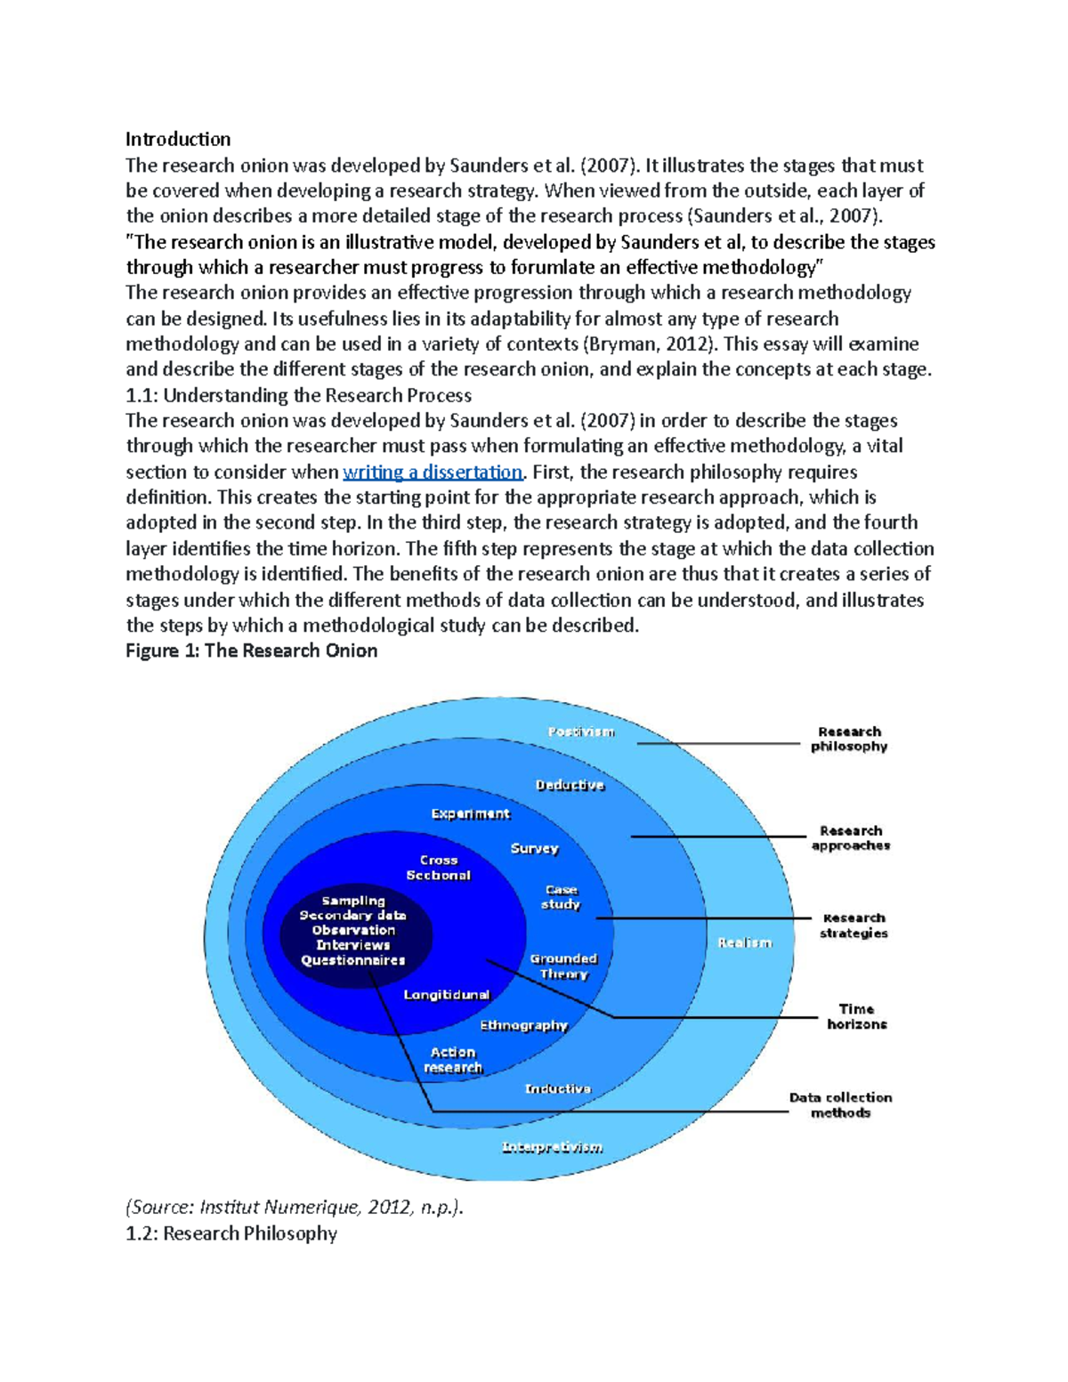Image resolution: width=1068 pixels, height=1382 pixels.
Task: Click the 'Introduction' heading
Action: click(178, 139)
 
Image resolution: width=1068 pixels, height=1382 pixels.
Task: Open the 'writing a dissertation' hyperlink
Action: click(432, 472)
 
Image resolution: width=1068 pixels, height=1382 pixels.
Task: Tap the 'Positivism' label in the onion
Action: click(580, 731)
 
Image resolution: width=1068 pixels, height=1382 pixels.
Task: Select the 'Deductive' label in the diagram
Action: click(570, 785)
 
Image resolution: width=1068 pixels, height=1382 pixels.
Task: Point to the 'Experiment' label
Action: click(470, 813)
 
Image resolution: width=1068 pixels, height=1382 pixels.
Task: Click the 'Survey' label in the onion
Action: click(534, 848)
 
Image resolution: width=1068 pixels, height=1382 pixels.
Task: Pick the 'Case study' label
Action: click(561, 897)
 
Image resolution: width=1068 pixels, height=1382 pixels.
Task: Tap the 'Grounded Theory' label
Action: click(563, 966)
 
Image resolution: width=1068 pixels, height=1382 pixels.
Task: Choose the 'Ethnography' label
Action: click(523, 1025)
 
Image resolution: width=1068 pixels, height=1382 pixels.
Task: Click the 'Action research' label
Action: click(453, 1060)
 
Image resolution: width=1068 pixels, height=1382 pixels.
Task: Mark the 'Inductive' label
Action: click(557, 1088)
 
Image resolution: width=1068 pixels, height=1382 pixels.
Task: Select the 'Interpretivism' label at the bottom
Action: click(552, 1147)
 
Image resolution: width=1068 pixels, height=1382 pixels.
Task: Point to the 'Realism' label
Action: click(744, 942)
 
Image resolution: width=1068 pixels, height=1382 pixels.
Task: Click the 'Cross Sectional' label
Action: click(438, 868)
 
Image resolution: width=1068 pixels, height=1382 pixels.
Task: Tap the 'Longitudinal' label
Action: click(446, 994)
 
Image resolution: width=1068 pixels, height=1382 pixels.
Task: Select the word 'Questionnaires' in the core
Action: click(352, 960)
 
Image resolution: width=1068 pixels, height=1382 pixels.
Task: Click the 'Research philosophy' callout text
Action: click(849, 739)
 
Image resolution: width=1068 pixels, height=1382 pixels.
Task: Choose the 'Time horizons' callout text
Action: click(856, 1016)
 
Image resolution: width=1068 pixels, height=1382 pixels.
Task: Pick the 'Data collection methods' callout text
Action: click(840, 1104)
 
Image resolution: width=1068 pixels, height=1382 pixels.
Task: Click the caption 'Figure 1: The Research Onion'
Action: click(251, 651)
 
